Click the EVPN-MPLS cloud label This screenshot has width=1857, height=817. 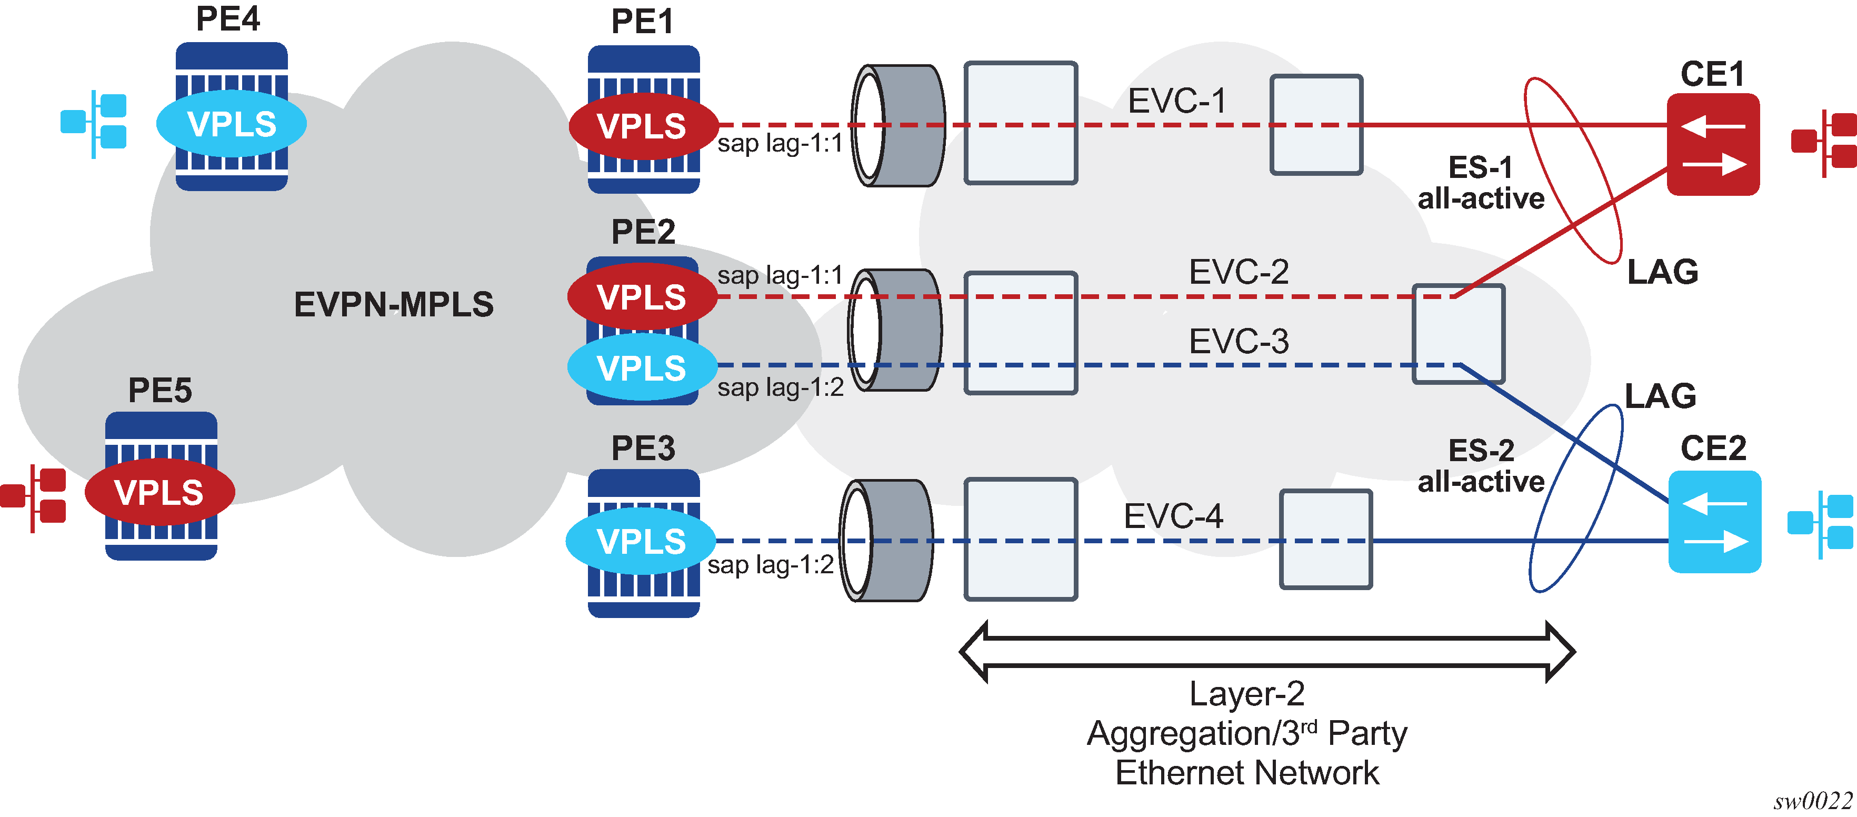(394, 304)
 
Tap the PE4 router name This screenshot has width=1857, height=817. (228, 19)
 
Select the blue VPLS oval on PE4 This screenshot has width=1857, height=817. (232, 124)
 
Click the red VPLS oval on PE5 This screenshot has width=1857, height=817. (159, 493)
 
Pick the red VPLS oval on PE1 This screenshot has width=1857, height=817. (642, 126)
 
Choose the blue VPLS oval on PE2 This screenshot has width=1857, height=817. (642, 368)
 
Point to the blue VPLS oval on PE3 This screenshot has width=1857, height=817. (641, 541)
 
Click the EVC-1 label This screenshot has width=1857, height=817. (1176, 101)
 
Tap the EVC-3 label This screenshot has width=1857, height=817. (1239, 341)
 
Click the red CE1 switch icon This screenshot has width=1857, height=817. (1713, 144)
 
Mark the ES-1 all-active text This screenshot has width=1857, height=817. (1481, 183)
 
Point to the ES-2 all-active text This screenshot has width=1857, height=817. (1481, 466)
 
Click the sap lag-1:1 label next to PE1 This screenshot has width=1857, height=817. (780, 144)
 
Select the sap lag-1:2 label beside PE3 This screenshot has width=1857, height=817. (771, 565)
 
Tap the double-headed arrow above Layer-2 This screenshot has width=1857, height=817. (1266, 652)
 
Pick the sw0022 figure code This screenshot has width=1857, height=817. (1812, 801)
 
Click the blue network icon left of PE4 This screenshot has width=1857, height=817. (94, 123)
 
